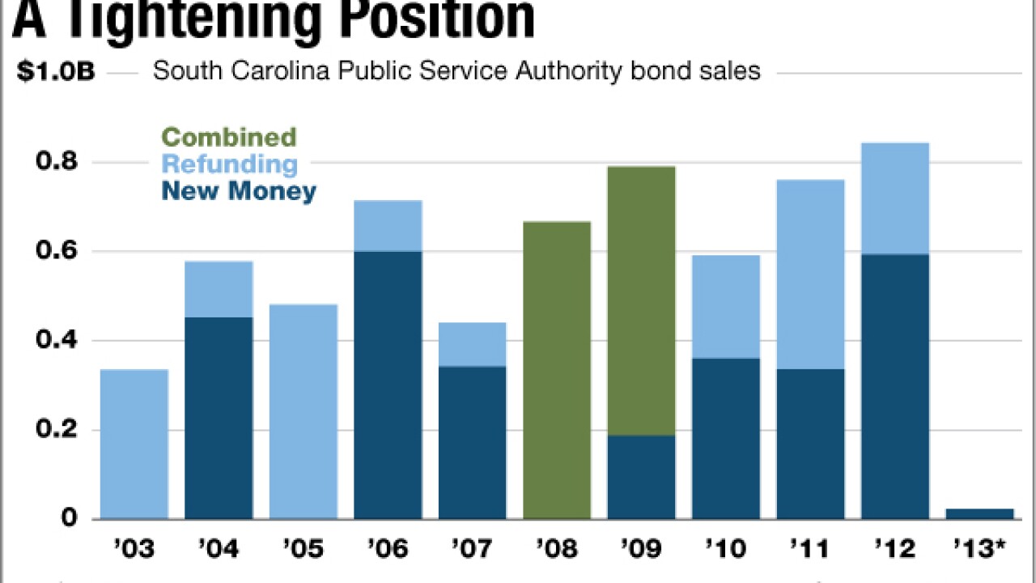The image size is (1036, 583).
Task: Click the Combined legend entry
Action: click(229, 137)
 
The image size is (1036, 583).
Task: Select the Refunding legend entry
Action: click(229, 164)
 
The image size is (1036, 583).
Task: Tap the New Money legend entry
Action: click(239, 191)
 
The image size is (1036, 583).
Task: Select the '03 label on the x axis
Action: click(134, 550)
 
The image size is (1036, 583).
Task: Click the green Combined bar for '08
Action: click(557, 370)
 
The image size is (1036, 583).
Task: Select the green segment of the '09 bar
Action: click(641, 300)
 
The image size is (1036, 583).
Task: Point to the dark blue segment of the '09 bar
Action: click(641, 477)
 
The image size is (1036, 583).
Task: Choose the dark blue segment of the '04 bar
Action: click(219, 418)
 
